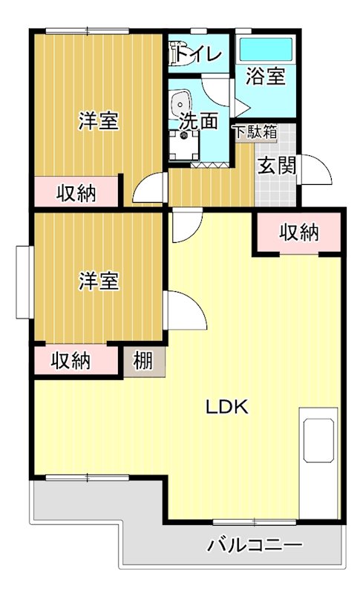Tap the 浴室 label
pos(266,76)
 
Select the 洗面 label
pos(198,121)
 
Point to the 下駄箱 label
pos(255,133)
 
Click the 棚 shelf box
pos(143,362)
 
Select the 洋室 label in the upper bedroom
pos(99,121)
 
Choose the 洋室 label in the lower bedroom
pos(99,281)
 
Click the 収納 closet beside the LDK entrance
pos(299,232)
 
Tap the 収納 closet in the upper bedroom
pos(76,193)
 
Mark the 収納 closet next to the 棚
pos(71,362)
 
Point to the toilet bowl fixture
pos(177,53)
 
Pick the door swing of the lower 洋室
pos(185,309)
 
